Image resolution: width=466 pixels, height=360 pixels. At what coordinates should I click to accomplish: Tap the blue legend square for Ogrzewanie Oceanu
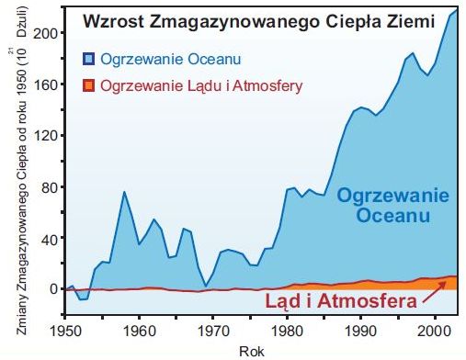pos(89,60)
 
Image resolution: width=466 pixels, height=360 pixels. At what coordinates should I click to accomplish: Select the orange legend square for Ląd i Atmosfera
pos(89,86)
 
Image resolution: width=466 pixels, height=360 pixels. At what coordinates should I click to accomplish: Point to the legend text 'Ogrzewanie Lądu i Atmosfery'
pos(203,86)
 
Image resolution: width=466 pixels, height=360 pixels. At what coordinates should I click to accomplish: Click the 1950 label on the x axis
pos(65,328)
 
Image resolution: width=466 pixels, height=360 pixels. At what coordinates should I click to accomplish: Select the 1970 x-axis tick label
pos(212,328)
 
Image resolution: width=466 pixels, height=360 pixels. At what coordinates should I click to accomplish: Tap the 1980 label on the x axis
pos(287,328)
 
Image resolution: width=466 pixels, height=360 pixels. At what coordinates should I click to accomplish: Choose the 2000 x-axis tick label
pos(434,328)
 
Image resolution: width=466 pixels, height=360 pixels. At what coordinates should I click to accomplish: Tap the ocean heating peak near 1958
pos(124,192)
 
